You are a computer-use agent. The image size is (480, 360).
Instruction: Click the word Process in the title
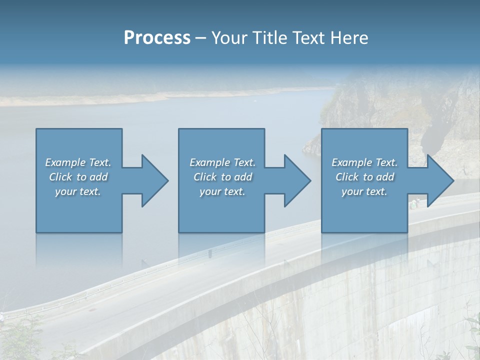(157, 37)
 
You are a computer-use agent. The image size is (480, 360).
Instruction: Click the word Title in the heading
(269, 37)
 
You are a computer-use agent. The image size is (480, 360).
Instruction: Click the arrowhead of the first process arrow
(155, 180)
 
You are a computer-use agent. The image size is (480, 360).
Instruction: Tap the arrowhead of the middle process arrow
(297, 180)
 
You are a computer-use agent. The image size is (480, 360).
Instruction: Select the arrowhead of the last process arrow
(440, 180)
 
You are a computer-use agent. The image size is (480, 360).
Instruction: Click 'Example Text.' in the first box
(78, 162)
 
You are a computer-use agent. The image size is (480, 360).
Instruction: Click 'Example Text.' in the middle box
(222, 162)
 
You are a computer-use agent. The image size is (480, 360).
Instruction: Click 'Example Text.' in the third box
(364, 162)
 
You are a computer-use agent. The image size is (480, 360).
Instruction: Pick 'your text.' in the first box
(78, 191)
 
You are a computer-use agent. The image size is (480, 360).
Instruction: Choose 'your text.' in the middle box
(222, 191)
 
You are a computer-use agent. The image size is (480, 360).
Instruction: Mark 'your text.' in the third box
(364, 191)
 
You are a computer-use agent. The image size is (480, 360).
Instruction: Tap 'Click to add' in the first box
(78, 177)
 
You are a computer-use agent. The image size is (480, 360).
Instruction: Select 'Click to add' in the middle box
(222, 177)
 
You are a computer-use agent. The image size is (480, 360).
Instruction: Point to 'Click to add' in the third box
(364, 177)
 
